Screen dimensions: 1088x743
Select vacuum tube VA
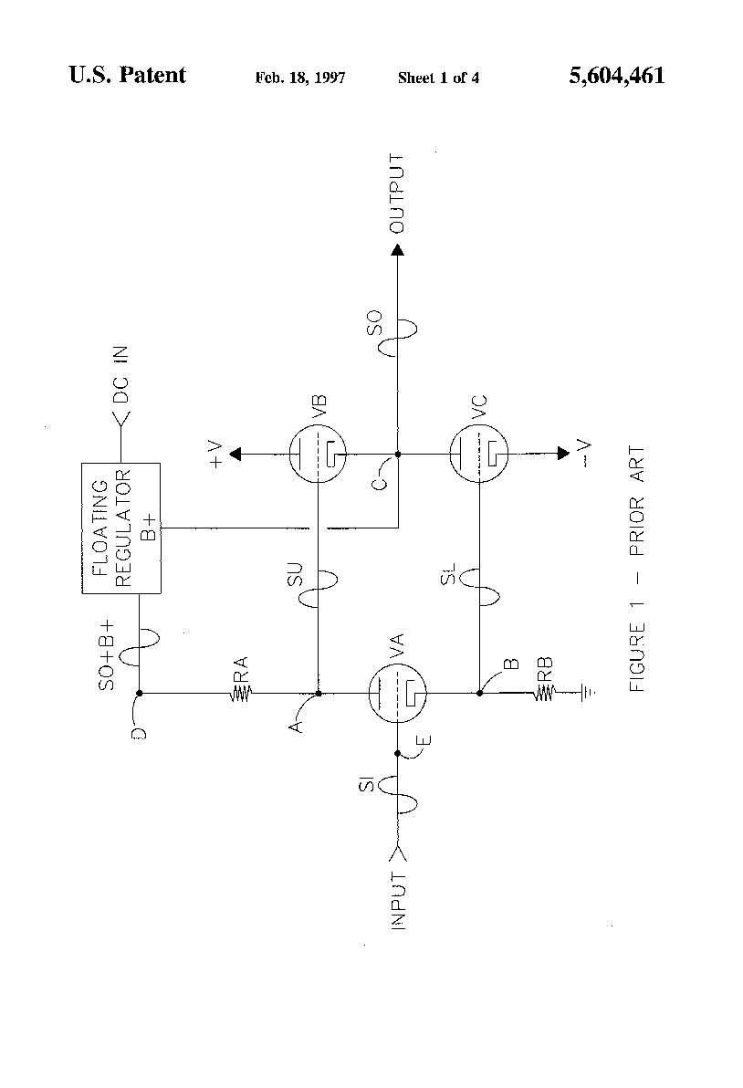pos(398,694)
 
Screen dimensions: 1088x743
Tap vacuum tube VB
pos(318,454)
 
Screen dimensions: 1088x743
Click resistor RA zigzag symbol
pos(241,694)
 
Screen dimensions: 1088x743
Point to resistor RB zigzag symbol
pos(545,694)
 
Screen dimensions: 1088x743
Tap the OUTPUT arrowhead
pos(398,249)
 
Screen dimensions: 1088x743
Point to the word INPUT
pos(398,901)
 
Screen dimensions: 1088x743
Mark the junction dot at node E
pos(398,753)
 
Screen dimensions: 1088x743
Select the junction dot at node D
pos(139,694)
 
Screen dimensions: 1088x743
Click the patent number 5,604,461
pos(616,76)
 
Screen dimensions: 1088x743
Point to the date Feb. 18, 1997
pos(299,78)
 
